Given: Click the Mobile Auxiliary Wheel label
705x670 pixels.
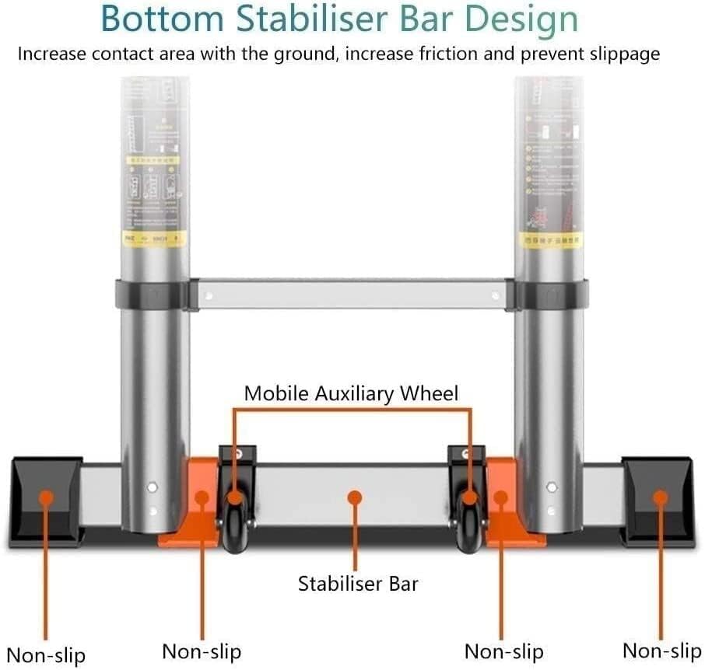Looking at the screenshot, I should (351, 393).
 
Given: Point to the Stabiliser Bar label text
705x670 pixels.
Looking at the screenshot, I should (358, 583).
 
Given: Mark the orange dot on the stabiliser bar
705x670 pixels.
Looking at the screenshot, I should (356, 496).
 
